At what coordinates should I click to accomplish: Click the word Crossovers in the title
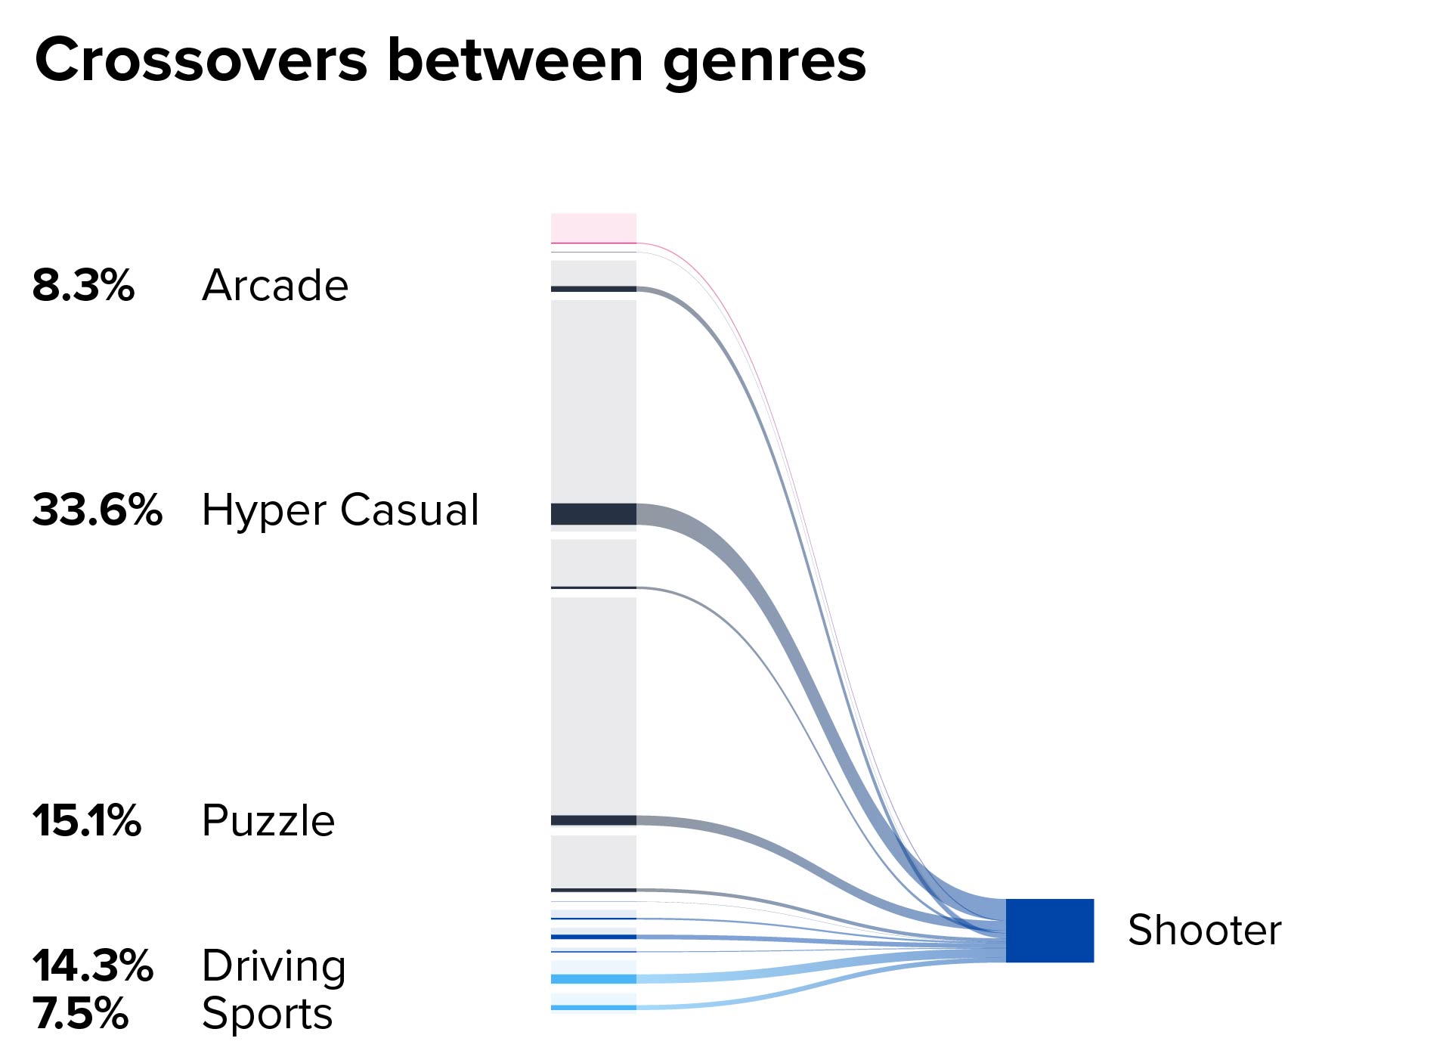click(201, 60)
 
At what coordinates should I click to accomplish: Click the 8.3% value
click(83, 285)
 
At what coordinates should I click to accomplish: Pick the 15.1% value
click(87, 820)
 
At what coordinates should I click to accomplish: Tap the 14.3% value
click(93, 965)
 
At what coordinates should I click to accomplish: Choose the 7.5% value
click(80, 1013)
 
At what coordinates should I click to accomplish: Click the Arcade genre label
click(275, 285)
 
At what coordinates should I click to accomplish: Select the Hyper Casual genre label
click(340, 510)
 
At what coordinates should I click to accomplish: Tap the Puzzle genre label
click(268, 820)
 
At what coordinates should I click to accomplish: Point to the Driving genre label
click(274, 967)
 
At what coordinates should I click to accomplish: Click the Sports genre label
click(268, 1015)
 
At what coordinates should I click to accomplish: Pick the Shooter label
click(1205, 930)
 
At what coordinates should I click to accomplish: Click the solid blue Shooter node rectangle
click(1050, 931)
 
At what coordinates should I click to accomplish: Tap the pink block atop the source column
click(593, 228)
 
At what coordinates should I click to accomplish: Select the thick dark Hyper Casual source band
click(593, 514)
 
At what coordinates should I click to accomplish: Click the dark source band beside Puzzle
click(593, 820)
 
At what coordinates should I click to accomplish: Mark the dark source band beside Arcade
click(593, 289)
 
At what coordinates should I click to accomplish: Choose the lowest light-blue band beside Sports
click(593, 1007)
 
